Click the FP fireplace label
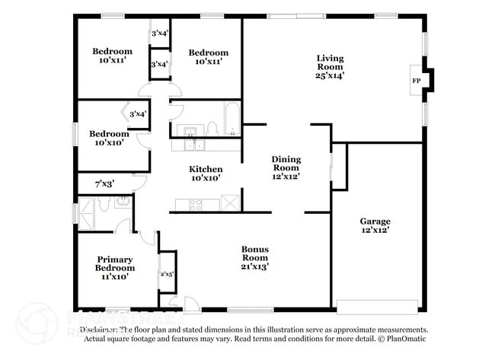click(x=416, y=81)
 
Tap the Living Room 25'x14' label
click(x=330, y=66)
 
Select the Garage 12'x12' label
click(x=375, y=225)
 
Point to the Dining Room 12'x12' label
click(x=286, y=167)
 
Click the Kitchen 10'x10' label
click(x=206, y=174)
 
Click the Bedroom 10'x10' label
click(x=110, y=139)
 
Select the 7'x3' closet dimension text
click(x=104, y=183)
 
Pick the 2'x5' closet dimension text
click(x=166, y=274)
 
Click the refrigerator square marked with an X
click(x=230, y=203)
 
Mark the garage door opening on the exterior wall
click(x=378, y=308)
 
